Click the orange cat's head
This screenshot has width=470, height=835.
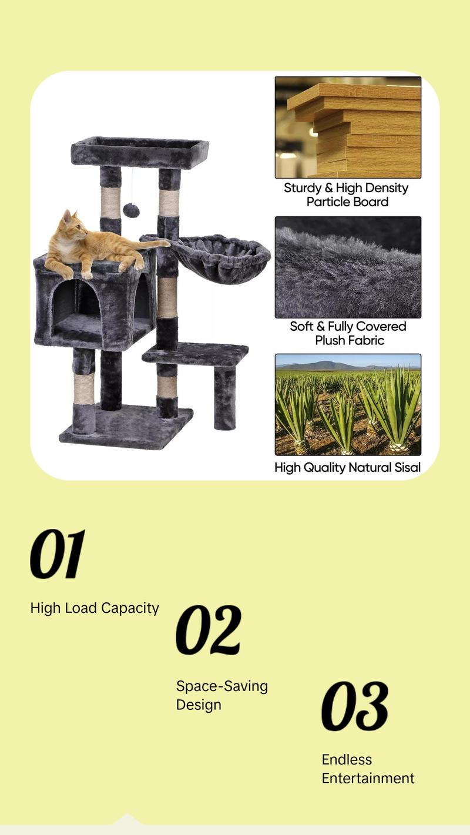pos(69,226)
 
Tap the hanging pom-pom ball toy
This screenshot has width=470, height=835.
pos(131,210)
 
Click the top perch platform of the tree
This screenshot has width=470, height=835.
pos(140,152)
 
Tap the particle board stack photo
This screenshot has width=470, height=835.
pos(348,128)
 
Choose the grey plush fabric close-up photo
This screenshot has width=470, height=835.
pos(348,267)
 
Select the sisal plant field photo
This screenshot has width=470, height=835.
pos(348,404)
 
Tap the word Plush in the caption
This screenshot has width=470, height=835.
pos(333,341)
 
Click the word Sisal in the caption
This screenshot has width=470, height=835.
pos(405,468)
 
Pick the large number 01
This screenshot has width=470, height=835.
pos(58,554)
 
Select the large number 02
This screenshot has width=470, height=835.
pos(209,631)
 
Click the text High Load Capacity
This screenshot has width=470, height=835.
pos(95,608)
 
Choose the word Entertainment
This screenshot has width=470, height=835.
pos(368,779)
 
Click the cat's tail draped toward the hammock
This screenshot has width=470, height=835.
pos(154,242)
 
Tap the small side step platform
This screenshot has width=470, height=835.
pos(196,354)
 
